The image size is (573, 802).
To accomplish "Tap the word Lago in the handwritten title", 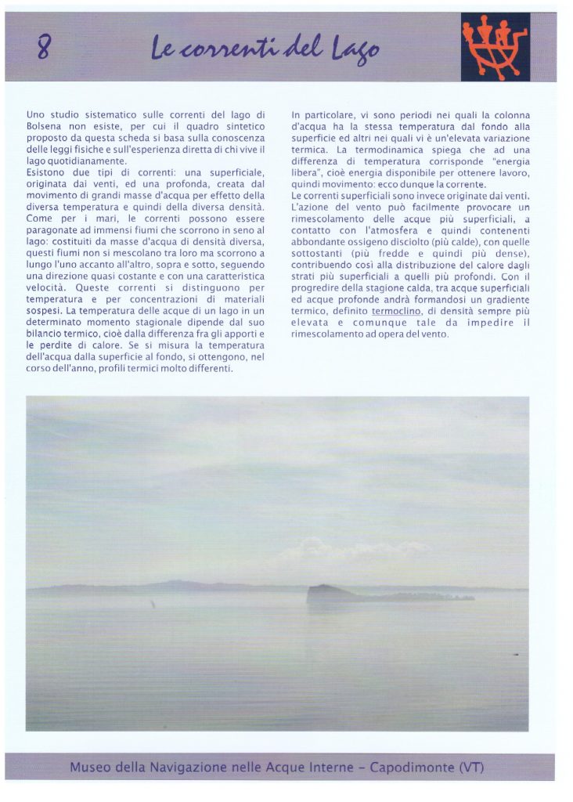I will pos(355,51).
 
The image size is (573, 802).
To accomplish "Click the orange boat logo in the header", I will pos(495,46).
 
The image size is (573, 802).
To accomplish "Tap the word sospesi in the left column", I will pos(46,311).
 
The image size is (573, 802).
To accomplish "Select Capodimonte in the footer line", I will pos(409,767).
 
